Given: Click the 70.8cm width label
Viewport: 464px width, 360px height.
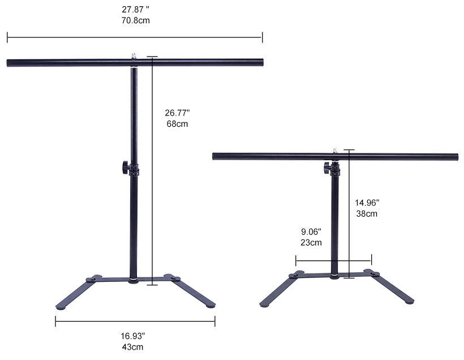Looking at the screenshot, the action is (135, 20).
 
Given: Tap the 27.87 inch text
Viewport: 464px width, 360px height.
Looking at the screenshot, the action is (135, 10).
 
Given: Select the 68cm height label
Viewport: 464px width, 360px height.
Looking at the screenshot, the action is (177, 124).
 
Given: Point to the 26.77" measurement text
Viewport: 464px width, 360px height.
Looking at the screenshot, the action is (177, 113).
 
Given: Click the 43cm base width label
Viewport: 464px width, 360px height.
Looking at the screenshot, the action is (132, 347).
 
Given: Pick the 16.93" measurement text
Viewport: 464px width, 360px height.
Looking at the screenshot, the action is (132, 336).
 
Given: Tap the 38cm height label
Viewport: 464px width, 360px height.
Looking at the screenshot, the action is (367, 214).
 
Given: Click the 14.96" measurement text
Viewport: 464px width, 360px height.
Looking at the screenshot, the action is (367, 203).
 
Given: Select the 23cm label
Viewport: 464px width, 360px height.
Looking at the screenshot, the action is (311, 242).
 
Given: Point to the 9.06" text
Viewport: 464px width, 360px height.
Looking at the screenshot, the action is (311, 232).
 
